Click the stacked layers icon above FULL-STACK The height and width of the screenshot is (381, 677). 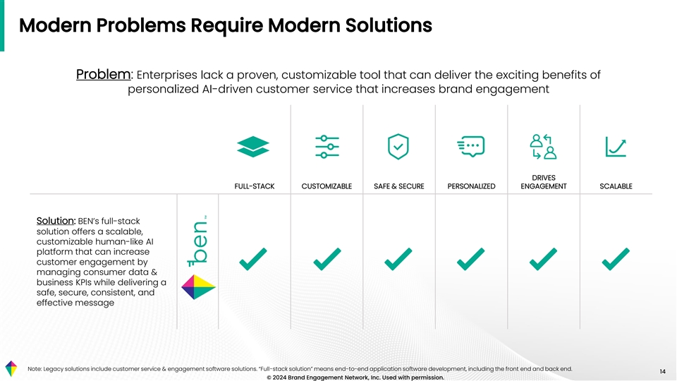[253, 147]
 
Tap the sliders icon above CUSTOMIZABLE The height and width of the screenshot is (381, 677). [327, 147]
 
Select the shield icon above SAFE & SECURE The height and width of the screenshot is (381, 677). [398, 147]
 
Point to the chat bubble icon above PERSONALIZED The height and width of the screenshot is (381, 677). [471, 147]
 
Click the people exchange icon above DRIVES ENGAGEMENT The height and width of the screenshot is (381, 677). [543, 147]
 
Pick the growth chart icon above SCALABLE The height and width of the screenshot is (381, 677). [616, 147]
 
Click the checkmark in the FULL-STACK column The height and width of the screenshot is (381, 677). [253, 259]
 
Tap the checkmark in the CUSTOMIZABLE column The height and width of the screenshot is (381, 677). [327, 259]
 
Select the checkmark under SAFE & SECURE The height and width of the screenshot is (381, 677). [398, 259]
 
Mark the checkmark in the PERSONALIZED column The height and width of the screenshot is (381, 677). [470, 259]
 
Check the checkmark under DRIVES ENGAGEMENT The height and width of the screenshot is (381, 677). [543, 259]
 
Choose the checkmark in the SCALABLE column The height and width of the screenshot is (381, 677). [616, 259]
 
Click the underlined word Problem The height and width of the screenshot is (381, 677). [103, 74]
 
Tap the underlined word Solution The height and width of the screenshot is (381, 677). [56, 221]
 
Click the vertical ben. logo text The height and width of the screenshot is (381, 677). [197, 241]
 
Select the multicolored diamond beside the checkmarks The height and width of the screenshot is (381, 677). [198, 287]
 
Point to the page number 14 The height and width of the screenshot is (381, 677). [662, 372]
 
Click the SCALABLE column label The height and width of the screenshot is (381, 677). [616, 186]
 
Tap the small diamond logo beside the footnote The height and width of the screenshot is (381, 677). [11, 368]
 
